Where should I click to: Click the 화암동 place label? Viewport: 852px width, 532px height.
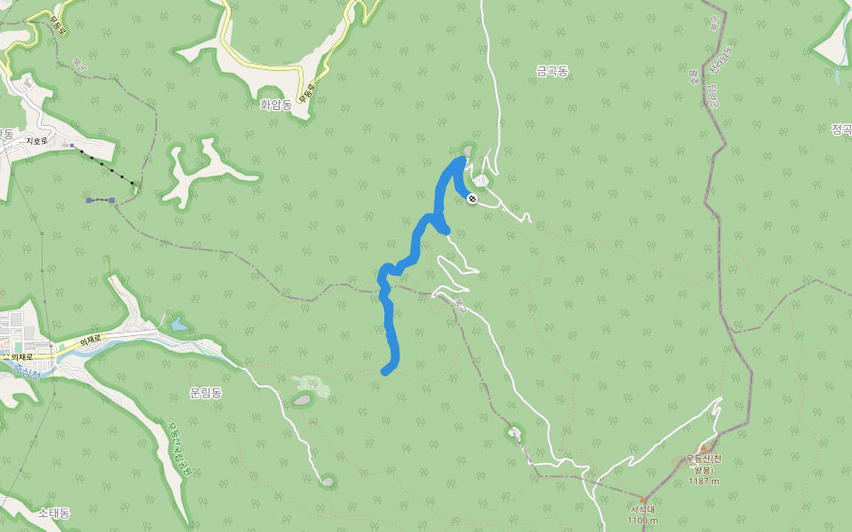277,104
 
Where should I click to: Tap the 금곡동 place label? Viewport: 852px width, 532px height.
551,70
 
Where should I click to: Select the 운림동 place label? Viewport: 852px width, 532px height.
206,392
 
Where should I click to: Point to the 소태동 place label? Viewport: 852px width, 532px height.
54,513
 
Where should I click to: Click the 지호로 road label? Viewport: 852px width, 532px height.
36,140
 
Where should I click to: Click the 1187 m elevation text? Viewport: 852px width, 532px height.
704,481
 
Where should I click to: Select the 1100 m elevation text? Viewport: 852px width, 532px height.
643,520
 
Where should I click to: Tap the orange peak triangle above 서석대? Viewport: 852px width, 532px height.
643,498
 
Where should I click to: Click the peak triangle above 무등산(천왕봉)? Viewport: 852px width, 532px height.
704,449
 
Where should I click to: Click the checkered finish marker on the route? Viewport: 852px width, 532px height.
472,199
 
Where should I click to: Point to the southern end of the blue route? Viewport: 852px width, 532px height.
385,372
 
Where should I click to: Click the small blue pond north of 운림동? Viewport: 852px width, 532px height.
179,325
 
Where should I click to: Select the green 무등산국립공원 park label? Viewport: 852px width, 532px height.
178,449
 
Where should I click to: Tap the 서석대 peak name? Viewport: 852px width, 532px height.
643,509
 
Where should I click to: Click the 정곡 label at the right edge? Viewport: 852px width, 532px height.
840,129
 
